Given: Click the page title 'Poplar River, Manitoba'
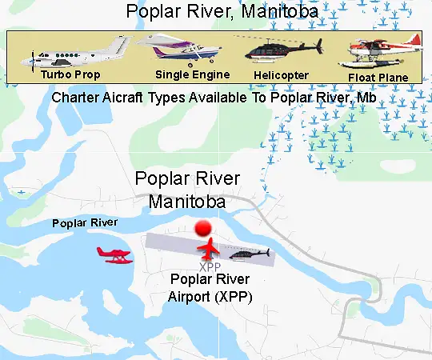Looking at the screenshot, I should (215, 12).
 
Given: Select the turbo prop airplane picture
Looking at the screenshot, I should (80, 52).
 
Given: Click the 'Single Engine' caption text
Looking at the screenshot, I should (192, 74).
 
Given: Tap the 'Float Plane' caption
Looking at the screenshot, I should (378, 78).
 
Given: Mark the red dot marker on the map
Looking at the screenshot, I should (206, 228).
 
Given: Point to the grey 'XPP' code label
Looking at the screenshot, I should (210, 266).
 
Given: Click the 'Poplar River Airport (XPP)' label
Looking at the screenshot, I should (211, 288).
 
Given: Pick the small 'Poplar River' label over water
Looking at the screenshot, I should (85, 222).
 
